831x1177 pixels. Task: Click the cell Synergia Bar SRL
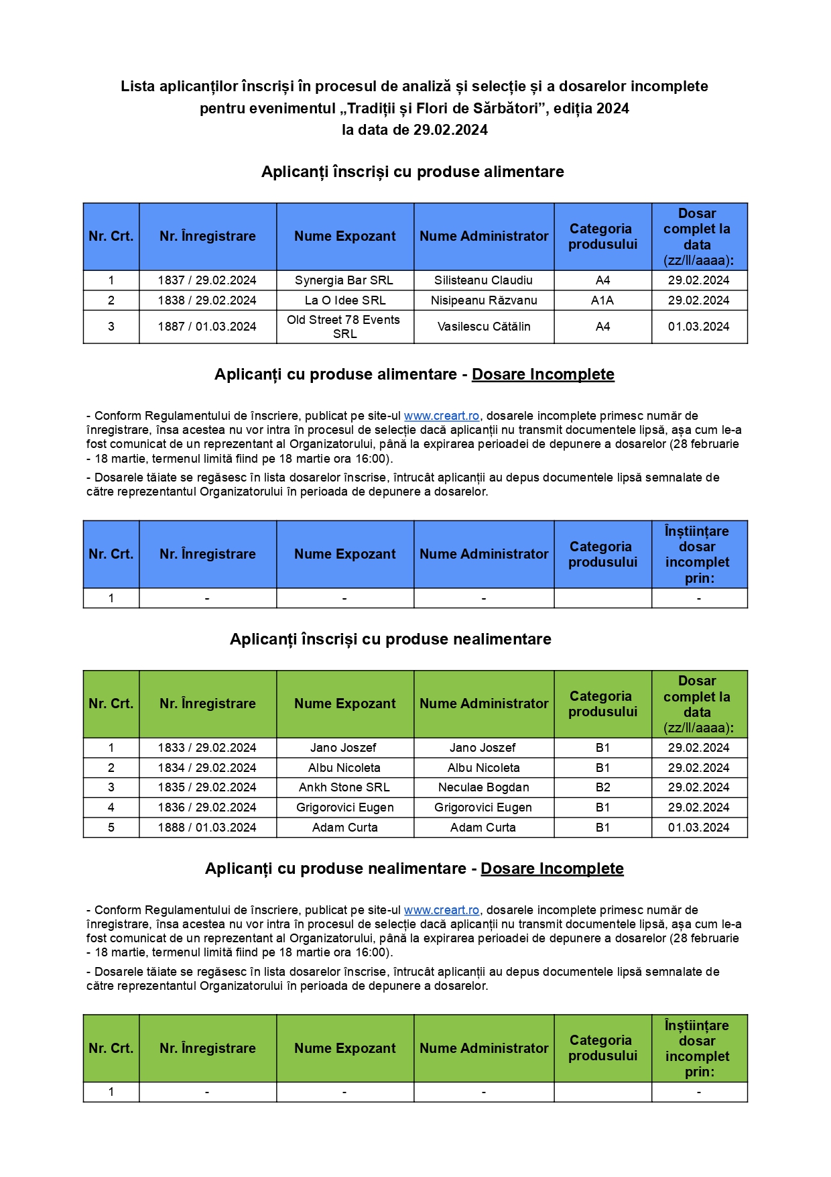[x=344, y=280]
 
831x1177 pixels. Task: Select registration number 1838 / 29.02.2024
[x=207, y=300]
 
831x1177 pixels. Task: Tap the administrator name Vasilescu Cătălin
[x=484, y=327]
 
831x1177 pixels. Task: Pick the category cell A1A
[x=602, y=300]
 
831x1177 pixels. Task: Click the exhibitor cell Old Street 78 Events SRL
[x=344, y=327]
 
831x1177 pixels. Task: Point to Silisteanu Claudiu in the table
[x=484, y=280]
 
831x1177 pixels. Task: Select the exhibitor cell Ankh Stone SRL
[x=344, y=787]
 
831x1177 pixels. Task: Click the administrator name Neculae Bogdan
[x=484, y=787]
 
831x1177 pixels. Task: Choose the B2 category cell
[x=602, y=787]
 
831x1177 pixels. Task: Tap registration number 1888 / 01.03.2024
[x=207, y=828]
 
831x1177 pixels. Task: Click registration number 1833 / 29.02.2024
[x=207, y=748]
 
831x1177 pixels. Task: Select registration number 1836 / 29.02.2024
[x=207, y=807]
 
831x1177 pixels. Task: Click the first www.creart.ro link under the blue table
[x=442, y=416]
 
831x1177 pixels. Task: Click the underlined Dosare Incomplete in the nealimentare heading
[x=552, y=868]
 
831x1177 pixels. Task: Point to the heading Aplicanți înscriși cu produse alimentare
[x=413, y=172]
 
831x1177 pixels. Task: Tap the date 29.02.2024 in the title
[x=450, y=130]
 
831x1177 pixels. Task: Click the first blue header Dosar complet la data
[x=698, y=237]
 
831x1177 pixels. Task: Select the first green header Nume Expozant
[x=344, y=704]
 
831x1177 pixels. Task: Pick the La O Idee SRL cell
[x=344, y=300]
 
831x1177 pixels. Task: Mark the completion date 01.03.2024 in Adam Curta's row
[x=698, y=828]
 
